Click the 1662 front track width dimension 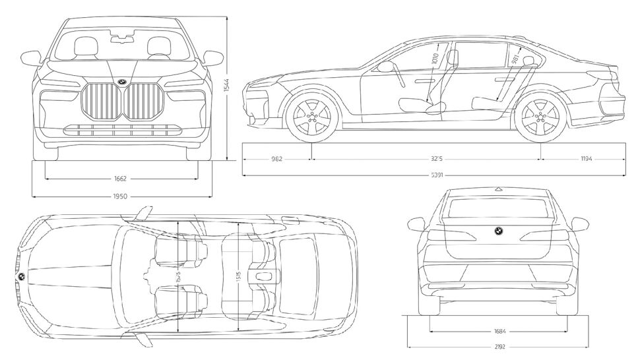point(119,178)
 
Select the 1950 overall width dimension point(119,196)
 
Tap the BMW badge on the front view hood point(123,81)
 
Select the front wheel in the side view point(312,118)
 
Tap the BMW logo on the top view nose point(22,277)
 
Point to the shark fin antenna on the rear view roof point(498,189)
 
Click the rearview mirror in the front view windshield point(121,40)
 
